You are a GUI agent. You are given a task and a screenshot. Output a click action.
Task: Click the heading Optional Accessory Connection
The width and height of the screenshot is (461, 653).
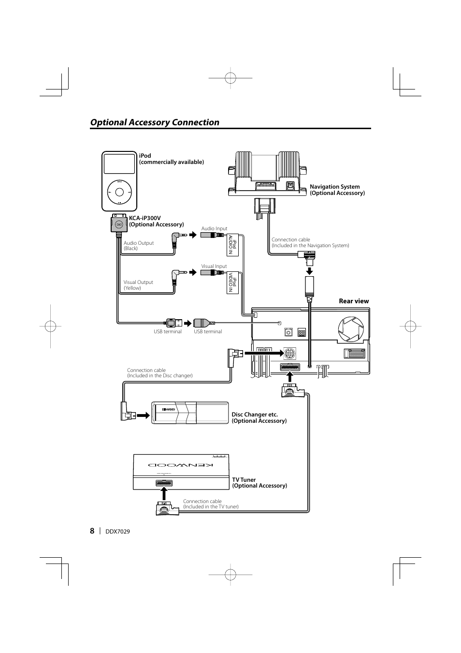coord(155,122)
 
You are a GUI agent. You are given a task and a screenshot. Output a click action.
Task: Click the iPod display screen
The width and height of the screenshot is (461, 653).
coord(119,164)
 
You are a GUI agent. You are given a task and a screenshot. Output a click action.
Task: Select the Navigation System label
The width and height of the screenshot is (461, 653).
coord(337,190)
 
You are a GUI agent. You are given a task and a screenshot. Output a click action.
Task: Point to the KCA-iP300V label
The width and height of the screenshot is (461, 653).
coord(156,221)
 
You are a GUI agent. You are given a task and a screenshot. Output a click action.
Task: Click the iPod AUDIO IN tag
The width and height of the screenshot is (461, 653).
coord(232,244)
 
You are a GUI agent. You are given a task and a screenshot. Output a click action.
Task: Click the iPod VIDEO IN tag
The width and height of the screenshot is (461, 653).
coord(232,282)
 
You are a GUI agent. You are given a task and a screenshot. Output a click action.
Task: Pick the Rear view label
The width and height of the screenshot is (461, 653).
coord(354,301)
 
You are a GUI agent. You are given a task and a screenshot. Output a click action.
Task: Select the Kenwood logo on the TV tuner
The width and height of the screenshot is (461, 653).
coord(181,465)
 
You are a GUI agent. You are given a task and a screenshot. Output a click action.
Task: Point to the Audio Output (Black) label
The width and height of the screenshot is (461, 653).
coord(139,246)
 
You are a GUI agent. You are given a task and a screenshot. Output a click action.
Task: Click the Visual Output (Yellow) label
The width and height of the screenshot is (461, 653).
coord(138,285)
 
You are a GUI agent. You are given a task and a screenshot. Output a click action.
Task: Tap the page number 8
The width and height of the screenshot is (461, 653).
coord(92,531)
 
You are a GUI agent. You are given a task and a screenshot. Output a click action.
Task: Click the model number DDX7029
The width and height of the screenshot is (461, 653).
coord(117,531)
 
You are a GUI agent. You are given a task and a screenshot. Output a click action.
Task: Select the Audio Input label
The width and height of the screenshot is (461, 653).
coord(214,229)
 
